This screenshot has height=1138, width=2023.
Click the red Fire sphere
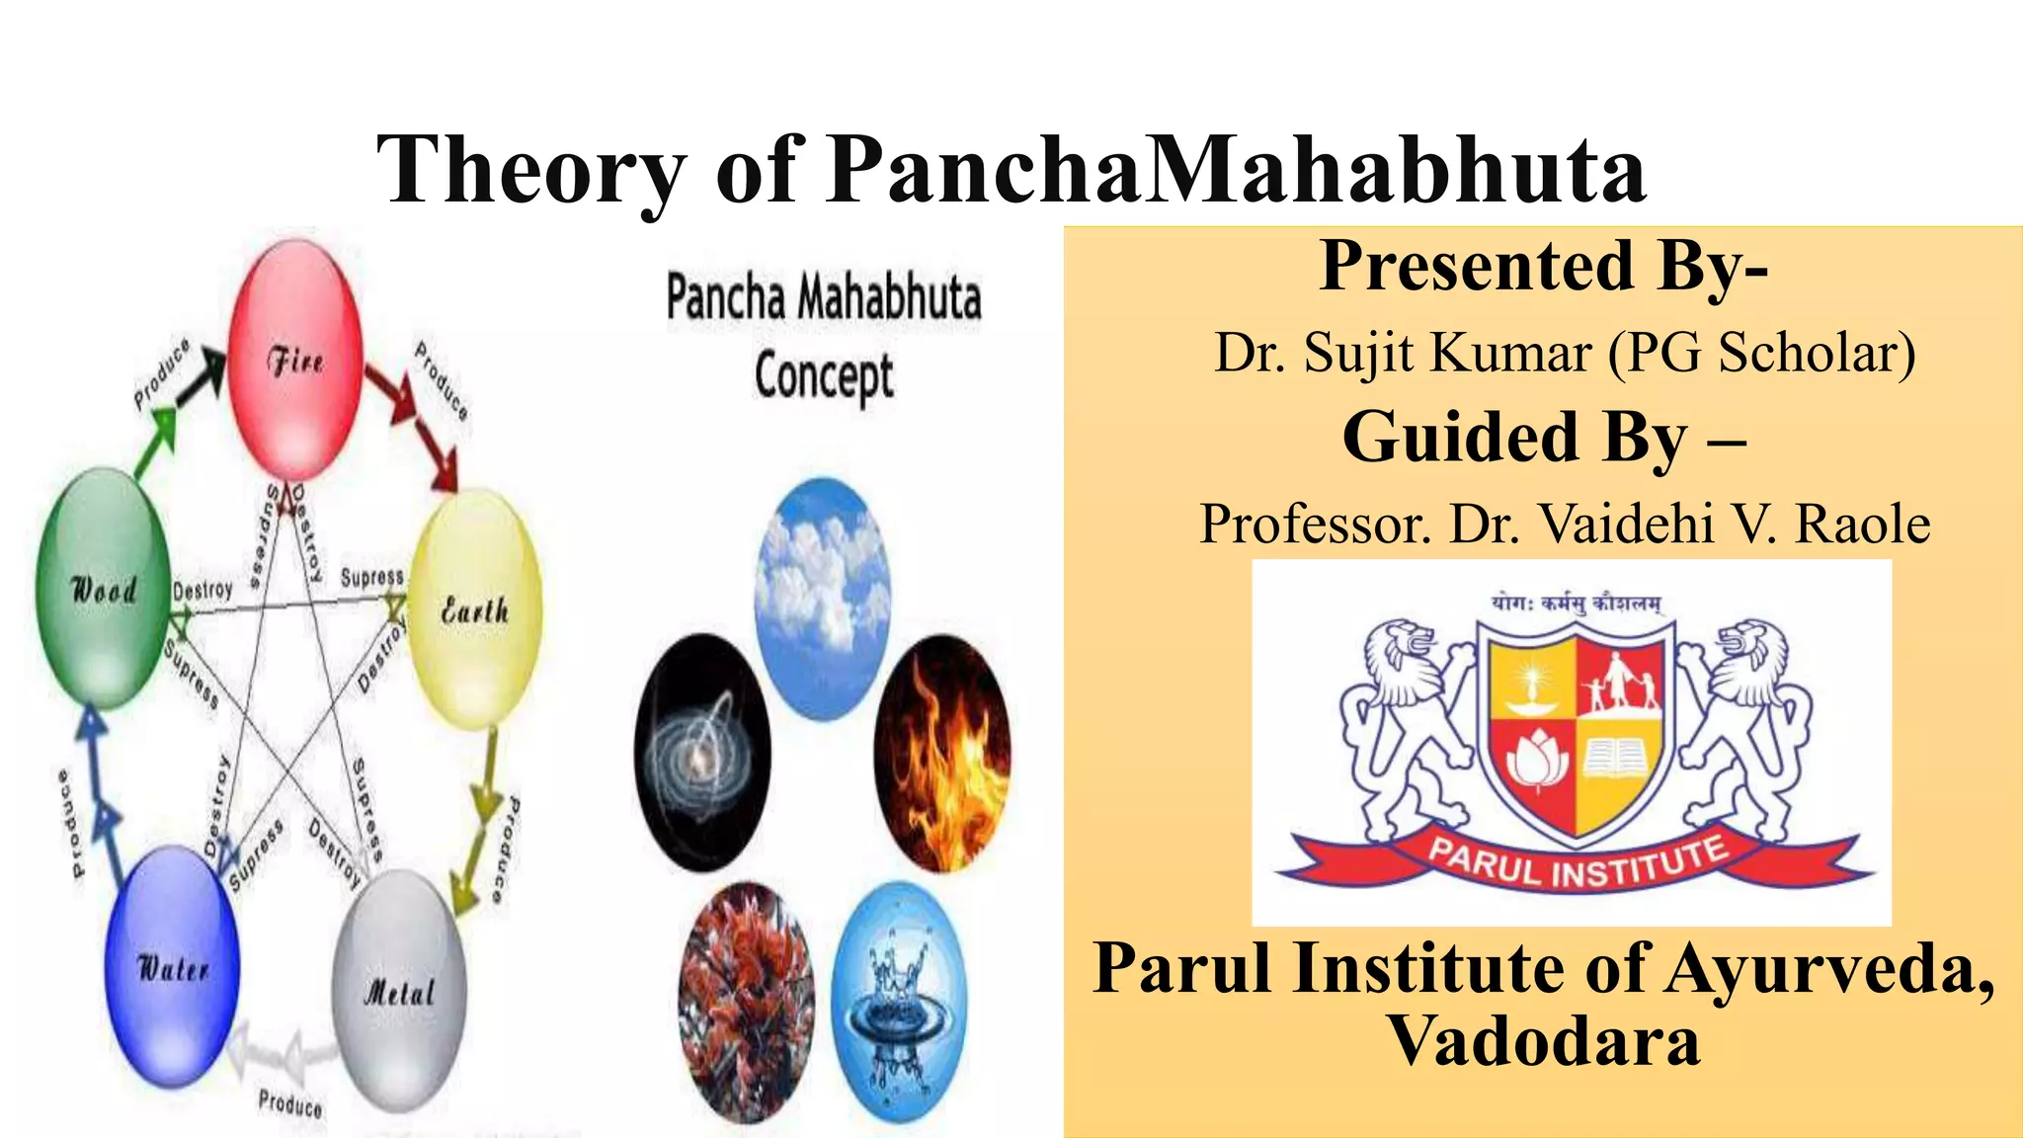pos(295,361)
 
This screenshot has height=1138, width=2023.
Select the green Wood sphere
pos(102,590)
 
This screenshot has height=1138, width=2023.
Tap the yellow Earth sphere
pos(475,610)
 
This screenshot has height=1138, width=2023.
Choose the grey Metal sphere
pos(399,991)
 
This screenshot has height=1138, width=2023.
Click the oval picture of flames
pos(942,754)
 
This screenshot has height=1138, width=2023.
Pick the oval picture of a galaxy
pos(702,754)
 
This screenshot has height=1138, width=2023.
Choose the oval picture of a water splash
pos(899,1003)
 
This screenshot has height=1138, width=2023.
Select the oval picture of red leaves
pos(747,1003)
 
